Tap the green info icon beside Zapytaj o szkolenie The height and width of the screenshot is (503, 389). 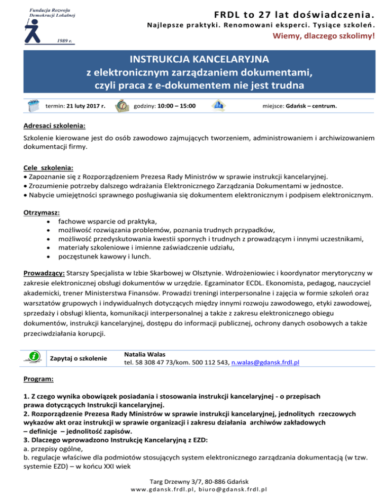34,357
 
